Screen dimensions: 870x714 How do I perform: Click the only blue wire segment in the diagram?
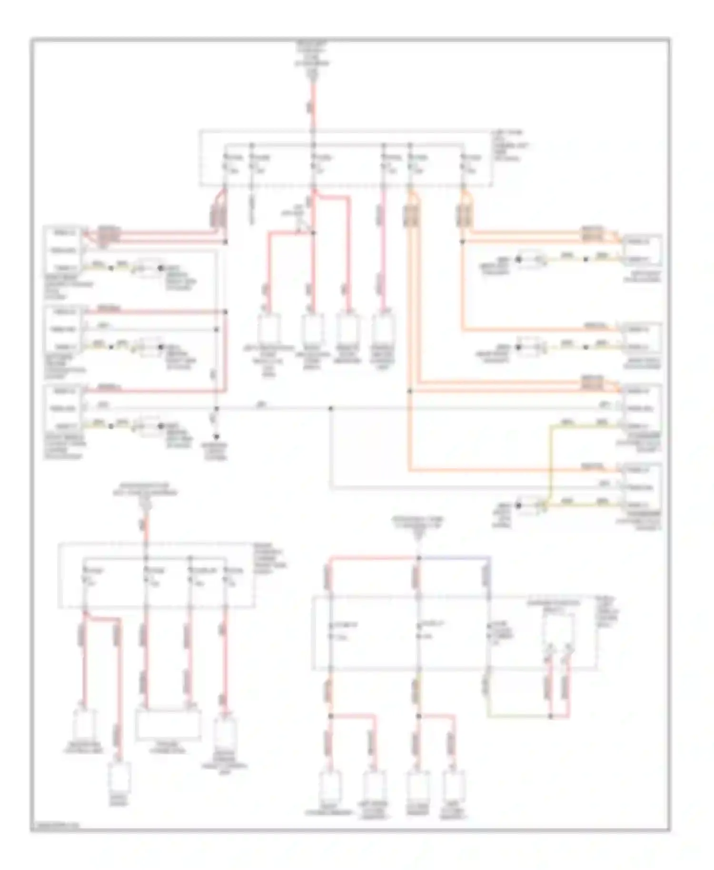(455, 557)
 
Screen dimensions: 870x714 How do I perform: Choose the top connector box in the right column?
(641, 250)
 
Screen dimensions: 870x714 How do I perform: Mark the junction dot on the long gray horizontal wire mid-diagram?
(331, 408)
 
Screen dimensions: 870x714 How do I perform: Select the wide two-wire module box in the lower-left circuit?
(168, 724)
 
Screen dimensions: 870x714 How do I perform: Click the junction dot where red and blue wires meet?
(418, 557)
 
